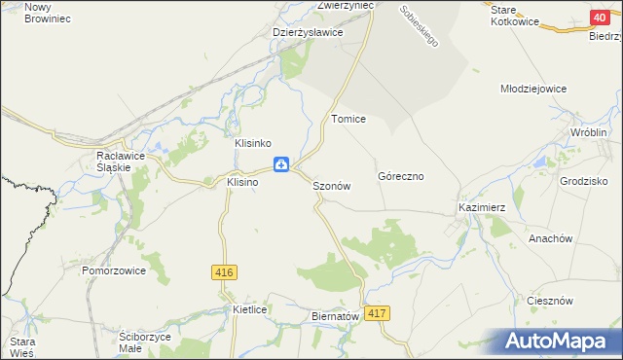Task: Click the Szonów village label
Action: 331,186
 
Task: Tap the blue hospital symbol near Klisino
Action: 280,164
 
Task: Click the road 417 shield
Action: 379,313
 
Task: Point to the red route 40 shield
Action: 600,18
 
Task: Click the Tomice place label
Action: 348,119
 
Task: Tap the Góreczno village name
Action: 401,177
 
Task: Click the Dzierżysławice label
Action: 308,32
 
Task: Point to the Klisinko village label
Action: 259,143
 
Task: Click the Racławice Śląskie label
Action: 113,161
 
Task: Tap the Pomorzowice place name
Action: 114,270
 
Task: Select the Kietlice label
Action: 250,309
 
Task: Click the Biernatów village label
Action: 336,316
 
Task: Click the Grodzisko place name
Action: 584,181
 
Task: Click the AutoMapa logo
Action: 560,342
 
